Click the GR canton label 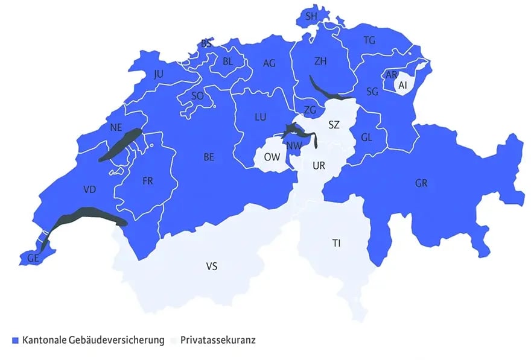coord(421,183)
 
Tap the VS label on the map coord(212,266)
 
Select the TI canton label coord(336,243)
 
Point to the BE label coord(209,157)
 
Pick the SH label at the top coord(311,17)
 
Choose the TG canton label coord(370,40)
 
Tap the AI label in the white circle coord(403,86)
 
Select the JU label coord(159,74)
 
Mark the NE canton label coord(116,127)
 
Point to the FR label coord(148,181)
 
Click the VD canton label coord(90,189)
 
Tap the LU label coord(261,116)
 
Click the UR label coord(319,165)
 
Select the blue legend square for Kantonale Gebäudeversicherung coord(16,341)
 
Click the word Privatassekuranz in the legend coord(218,341)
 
